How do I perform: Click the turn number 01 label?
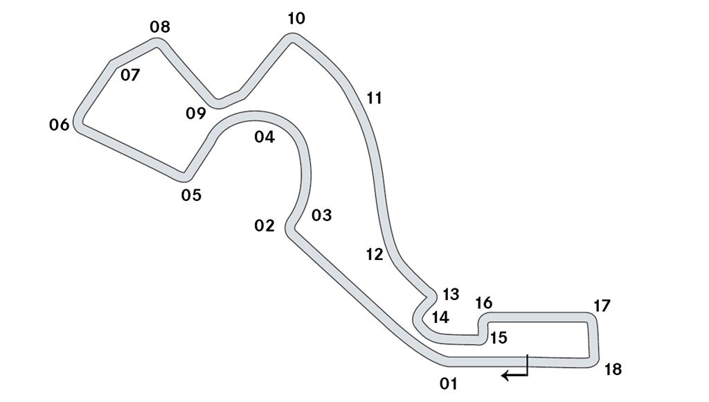click(x=449, y=384)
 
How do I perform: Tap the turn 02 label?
click(x=264, y=225)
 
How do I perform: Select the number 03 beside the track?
click(x=321, y=215)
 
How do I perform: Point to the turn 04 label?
click(x=264, y=137)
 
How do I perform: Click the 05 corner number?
click(x=191, y=195)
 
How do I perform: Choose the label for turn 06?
click(x=60, y=125)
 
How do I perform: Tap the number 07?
click(x=130, y=75)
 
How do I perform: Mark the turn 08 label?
click(x=160, y=27)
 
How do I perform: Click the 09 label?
click(x=196, y=113)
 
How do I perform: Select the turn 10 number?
click(x=296, y=19)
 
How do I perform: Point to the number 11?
click(x=375, y=98)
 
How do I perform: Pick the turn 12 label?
click(x=375, y=255)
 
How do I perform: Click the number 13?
click(x=451, y=295)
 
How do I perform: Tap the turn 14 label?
click(x=440, y=318)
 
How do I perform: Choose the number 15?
click(x=499, y=338)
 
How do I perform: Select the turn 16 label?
click(x=484, y=304)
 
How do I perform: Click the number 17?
click(x=602, y=306)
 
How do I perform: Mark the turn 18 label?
click(x=613, y=370)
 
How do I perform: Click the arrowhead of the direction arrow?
click(x=505, y=375)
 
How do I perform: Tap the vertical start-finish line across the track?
click(x=527, y=365)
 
